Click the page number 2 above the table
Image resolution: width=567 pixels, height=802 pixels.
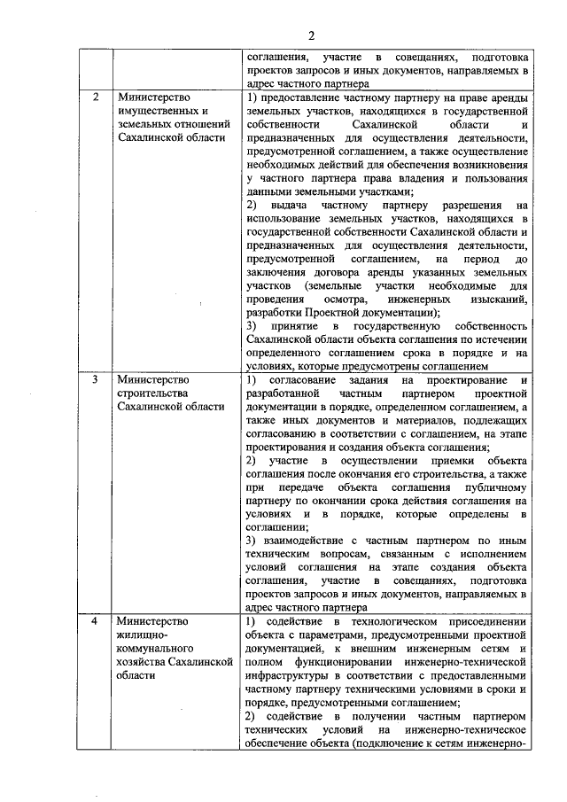311,35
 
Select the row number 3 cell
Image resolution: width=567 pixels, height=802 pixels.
95,379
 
